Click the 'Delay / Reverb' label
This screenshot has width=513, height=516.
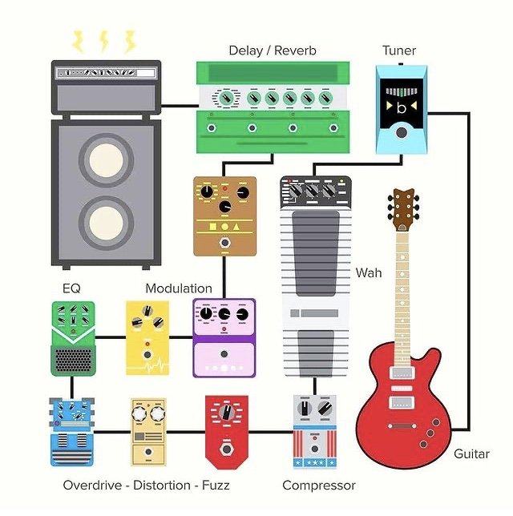point(273,50)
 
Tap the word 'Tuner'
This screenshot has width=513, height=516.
point(399,50)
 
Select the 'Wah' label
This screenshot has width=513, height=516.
point(369,272)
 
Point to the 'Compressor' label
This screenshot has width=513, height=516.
point(319,486)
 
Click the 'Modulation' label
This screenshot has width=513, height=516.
point(179,288)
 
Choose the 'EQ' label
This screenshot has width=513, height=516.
point(71,288)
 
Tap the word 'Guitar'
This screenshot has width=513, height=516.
point(471,454)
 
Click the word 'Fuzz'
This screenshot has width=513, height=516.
point(216,485)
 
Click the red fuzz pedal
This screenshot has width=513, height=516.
point(227,432)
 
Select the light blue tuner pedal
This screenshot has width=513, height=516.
point(402,110)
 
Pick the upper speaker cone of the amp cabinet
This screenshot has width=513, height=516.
point(106,160)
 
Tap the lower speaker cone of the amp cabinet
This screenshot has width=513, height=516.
point(106,223)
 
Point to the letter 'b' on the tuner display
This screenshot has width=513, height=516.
point(401,108)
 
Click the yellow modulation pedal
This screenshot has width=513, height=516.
point(147,337)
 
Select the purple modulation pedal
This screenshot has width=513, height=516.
point(224,337)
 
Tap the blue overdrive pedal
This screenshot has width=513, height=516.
point(72,432)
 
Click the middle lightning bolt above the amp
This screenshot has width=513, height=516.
point(103,41)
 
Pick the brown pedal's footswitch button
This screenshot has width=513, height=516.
point(225,243)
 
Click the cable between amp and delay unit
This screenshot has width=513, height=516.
point(180,106)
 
